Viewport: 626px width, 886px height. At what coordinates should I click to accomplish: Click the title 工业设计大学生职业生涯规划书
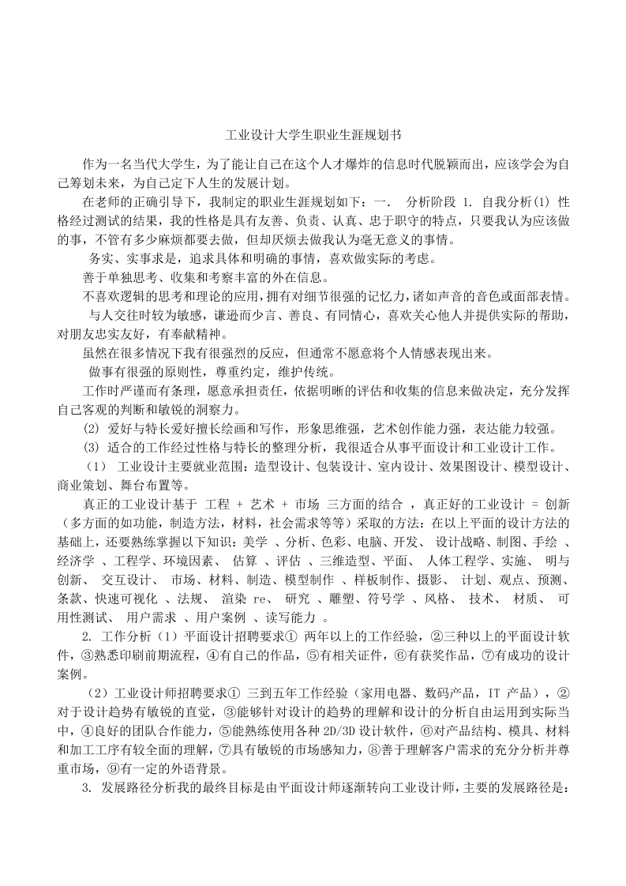(313, 136)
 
